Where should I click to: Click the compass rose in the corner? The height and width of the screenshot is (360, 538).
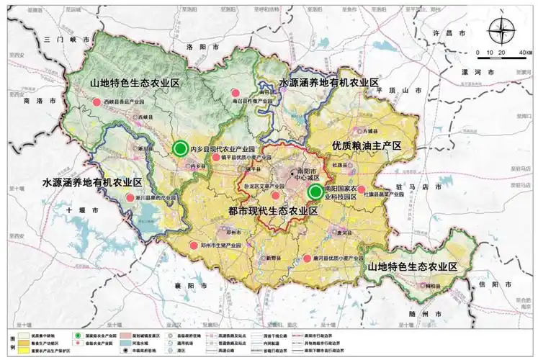click(x=501, y=32)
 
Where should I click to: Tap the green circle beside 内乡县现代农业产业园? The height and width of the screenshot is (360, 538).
click(x=180, y=148)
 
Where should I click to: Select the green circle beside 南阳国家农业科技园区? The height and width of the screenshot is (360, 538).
click(x=315, y=192)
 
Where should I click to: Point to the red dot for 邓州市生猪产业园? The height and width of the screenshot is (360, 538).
click(x=193, y=246)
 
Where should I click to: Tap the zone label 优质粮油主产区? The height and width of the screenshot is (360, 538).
click(x=365, y=146)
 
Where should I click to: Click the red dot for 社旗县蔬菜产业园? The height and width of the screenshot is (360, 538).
click(x=361, y=189)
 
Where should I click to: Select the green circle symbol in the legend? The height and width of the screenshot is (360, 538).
click(x=76, y=336)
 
